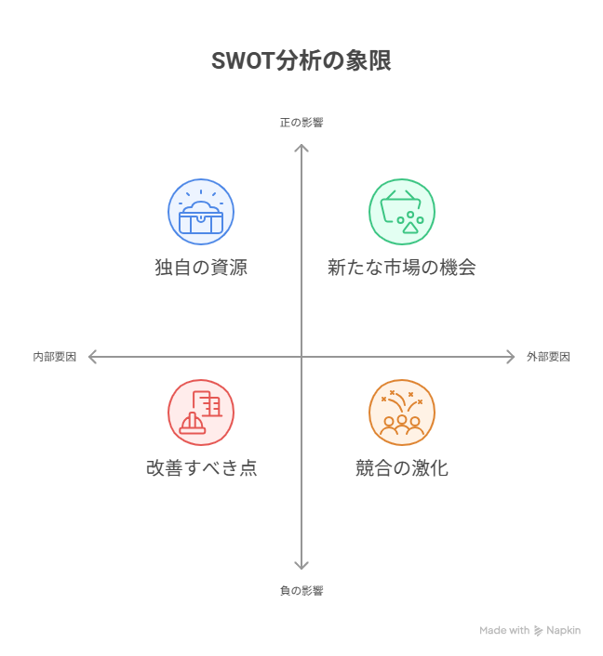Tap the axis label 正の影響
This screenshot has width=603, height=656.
[301, 122]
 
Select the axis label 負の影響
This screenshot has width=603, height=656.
[301, 590]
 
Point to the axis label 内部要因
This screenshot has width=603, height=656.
[54, 357]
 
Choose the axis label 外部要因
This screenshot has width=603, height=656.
[548, 357]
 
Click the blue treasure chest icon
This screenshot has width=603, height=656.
[201, 212]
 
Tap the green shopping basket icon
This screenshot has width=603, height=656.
[402, 212]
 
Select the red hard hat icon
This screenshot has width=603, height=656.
[201, 413]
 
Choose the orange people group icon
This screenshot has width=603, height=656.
[402, 413]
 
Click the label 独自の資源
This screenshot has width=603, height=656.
[201, 268]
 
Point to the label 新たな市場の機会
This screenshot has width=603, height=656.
[402, 268]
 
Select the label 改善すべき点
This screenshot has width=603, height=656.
[201, 468]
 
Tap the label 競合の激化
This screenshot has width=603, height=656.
[402, 468]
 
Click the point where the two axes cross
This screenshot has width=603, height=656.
[301, 357]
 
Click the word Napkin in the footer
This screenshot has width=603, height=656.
[564, 630]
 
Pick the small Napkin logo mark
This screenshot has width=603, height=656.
[539, 630]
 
